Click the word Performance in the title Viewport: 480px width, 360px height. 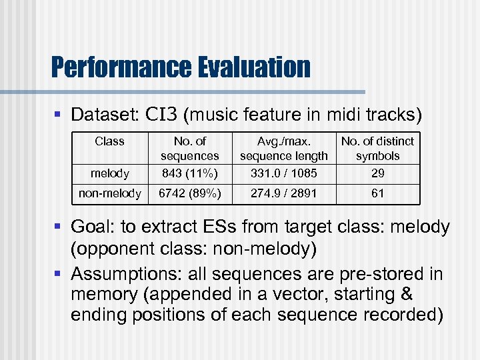117,67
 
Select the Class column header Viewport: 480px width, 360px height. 109,141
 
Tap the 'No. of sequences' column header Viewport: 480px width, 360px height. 189,149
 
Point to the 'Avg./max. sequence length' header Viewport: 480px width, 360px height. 284,149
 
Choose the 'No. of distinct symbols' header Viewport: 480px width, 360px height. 377,149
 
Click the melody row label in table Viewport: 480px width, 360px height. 109,173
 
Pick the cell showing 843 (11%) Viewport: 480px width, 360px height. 189,173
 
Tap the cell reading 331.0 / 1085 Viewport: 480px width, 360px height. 284,173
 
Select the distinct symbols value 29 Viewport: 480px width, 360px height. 377,173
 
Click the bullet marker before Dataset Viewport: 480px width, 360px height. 58,115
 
